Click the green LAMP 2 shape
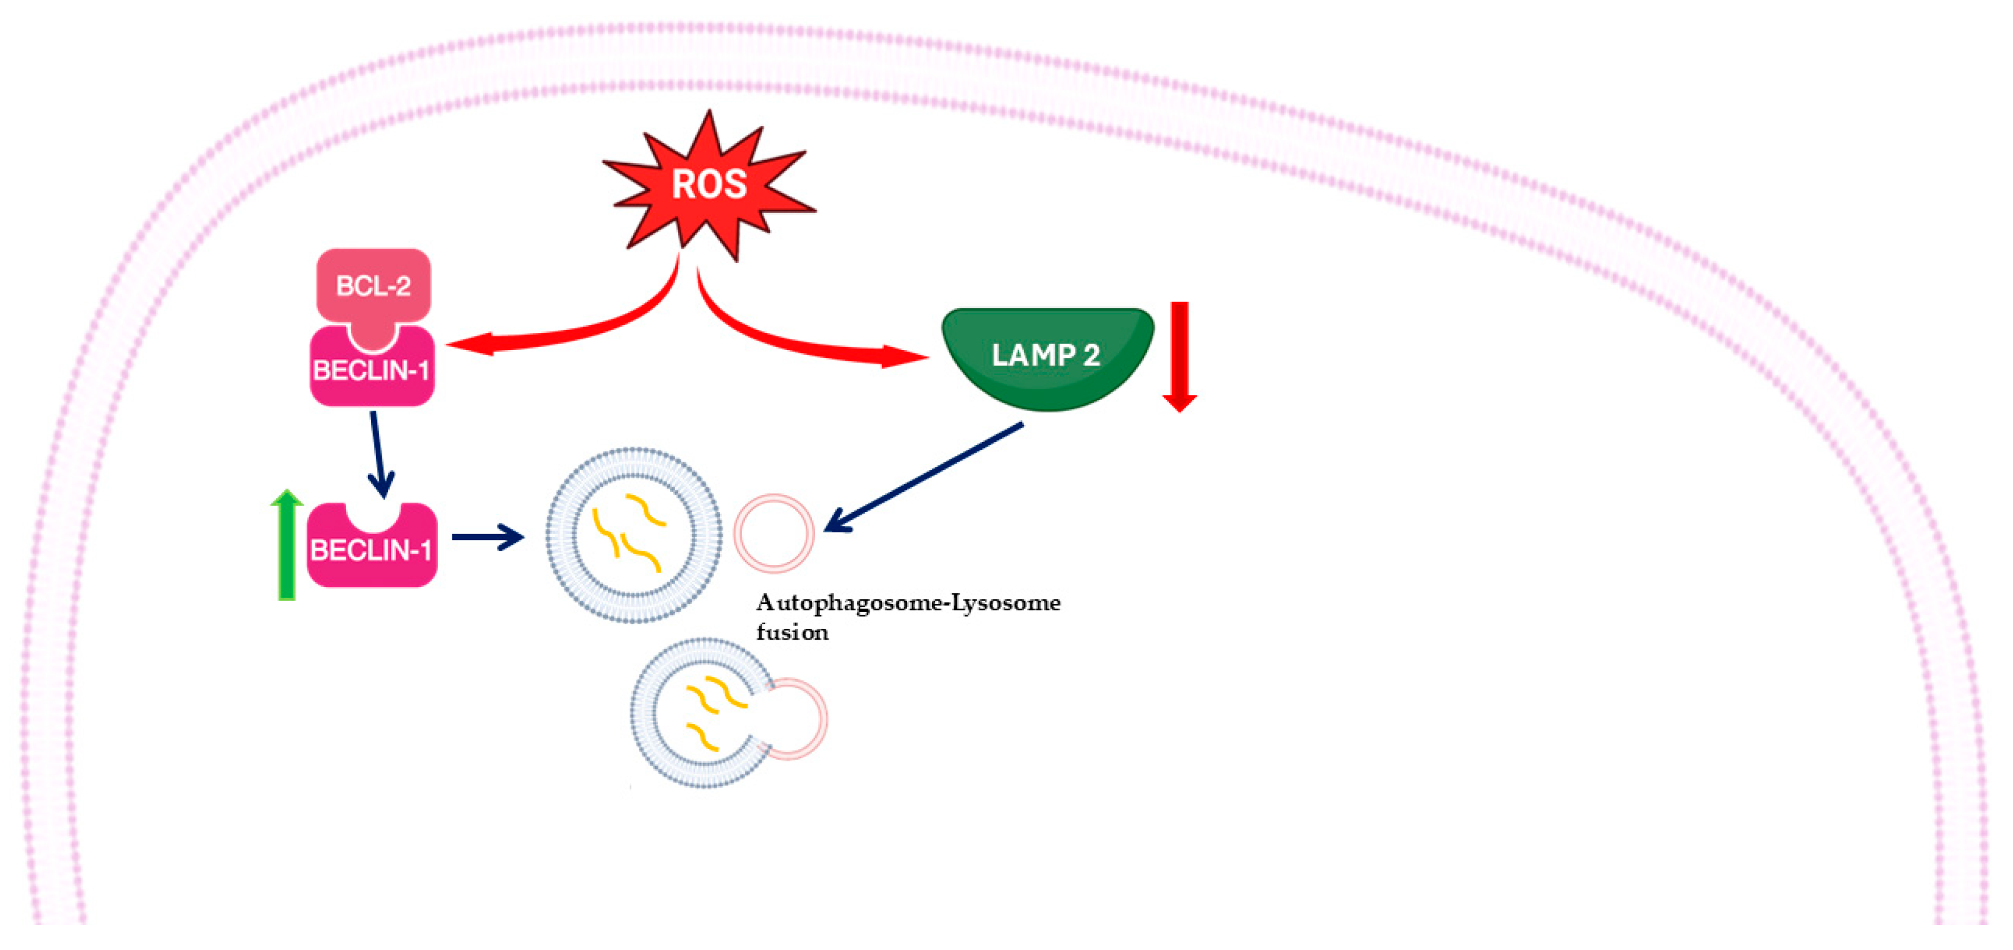tap(1047, 355)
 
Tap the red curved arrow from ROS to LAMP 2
tap(805, 344)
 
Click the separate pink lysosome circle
tap(774, 533)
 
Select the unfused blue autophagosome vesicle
tap(634, 536)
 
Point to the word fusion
tap(791, 632)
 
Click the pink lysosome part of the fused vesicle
tap(801, 719)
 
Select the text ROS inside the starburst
tap(709, 185)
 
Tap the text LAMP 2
tap(1045, 355)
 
